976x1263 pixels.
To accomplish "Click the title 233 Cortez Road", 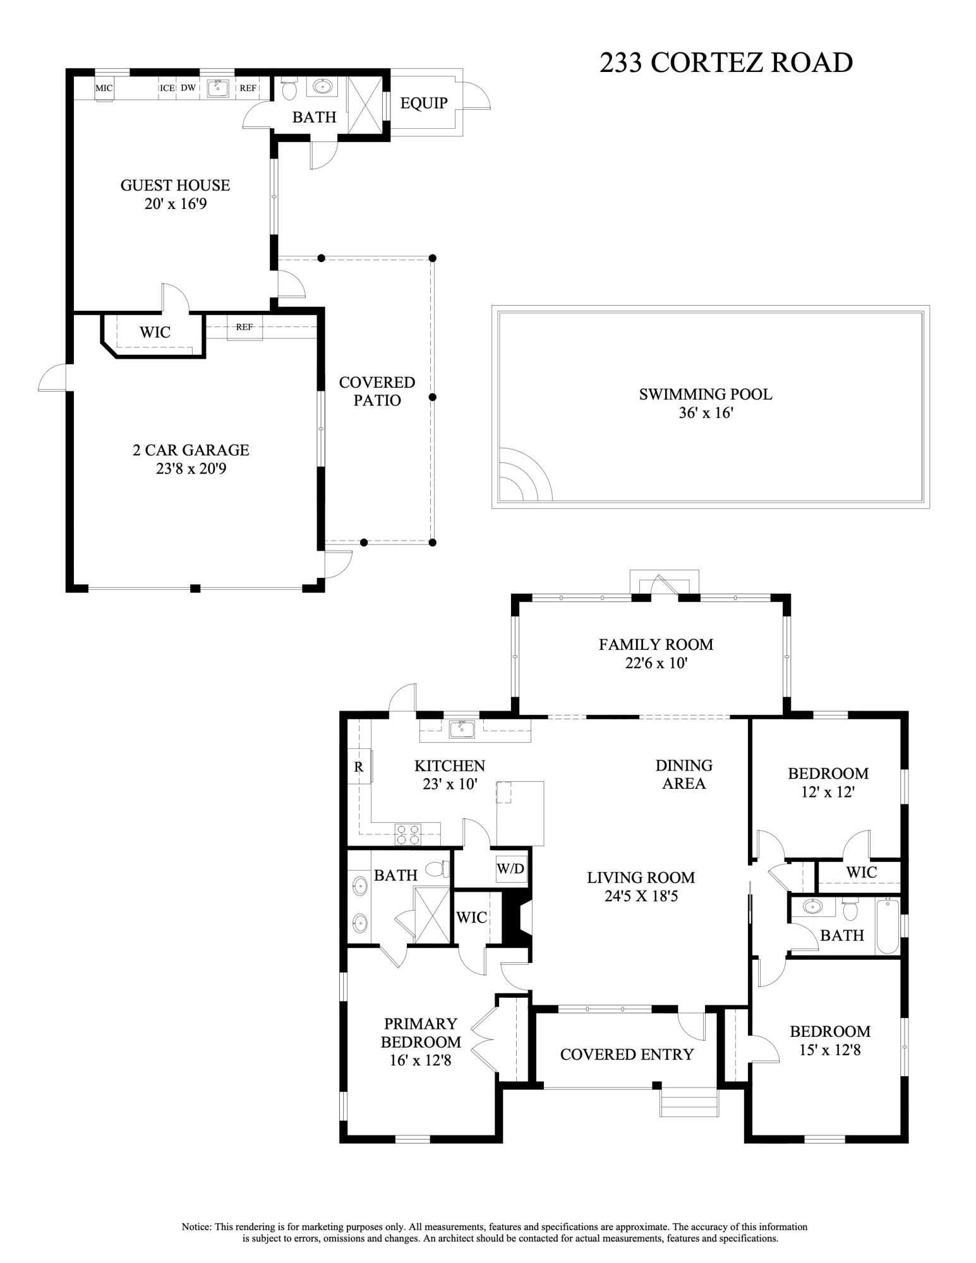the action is pos(726,63).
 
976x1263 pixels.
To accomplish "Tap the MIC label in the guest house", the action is pos(104,88).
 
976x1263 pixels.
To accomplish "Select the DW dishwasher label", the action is pos(188,88).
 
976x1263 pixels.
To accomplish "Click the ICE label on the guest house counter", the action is pos(167,88).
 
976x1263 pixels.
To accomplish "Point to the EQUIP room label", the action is pos(424,103).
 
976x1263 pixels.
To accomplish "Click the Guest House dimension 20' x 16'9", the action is pos(175,205).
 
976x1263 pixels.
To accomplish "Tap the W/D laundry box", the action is pos(510,869).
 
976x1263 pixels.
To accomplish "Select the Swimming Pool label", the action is pos(706,395).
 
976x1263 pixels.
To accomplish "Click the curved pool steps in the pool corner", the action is pos(525,474).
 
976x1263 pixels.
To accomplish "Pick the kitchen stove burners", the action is pos(407,834).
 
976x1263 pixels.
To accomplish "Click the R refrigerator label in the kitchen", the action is pos(358,767).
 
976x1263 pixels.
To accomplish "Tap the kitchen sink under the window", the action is pos(462,729).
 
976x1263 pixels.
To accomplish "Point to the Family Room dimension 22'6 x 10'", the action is pos(656,664).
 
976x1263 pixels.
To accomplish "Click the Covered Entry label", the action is pos(627,1055).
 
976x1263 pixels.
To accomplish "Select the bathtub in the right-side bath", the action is pos(887,926).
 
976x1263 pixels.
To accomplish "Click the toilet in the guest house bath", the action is pos(289,88).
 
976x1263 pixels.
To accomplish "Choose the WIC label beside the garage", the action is pos(155,332).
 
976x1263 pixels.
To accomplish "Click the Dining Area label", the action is pos(684,774).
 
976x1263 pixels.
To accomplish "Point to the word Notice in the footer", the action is pos(196,1227).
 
